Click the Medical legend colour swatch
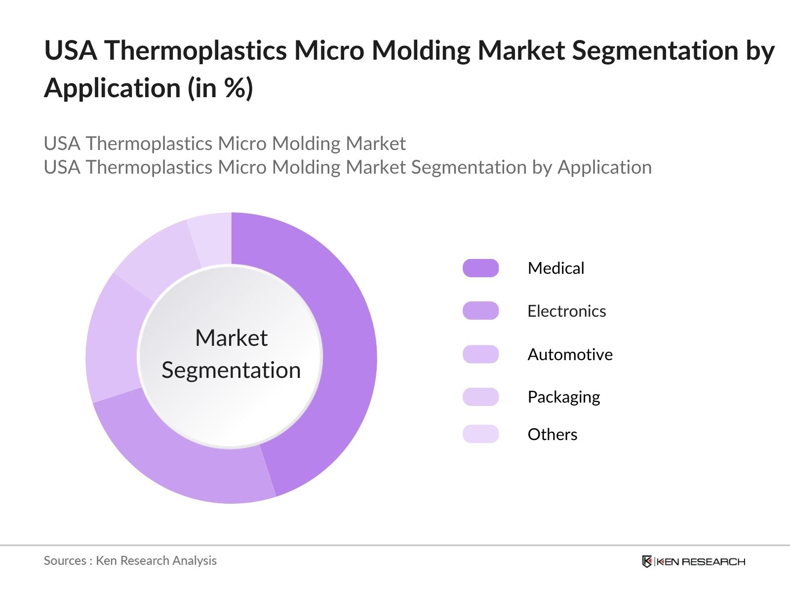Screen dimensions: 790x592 coord(480,268)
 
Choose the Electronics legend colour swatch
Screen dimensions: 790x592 coord(480,311)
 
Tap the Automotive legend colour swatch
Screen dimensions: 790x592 coord(480,354)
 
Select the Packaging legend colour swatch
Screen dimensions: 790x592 coord(480,397)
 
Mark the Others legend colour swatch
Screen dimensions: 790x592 coord(480,434)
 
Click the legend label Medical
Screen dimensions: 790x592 coord(555,268)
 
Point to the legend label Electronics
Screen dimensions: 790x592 coord(566,311)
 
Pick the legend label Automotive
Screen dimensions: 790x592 coord(570,354)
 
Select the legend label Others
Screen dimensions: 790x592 coord(552,434)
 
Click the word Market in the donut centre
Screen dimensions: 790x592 coord(232,338)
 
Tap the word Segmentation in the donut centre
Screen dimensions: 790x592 coord(231,370)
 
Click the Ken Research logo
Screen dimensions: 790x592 coord(693,561)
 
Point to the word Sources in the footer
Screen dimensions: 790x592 coord(65,561)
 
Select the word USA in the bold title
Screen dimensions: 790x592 coord(71,50)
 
